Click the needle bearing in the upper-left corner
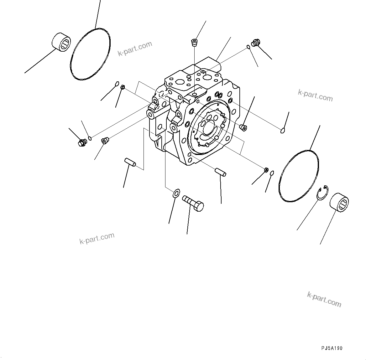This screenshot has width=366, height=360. [x=61, y=42]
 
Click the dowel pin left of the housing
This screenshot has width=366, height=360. [x=130, y=162]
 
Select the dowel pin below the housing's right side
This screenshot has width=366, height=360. [x=221, y=172]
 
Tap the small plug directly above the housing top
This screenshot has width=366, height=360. [x=195, y=42]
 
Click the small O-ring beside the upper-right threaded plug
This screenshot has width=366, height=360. [x=248, y=47]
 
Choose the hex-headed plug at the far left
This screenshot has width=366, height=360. [x=82, y=143]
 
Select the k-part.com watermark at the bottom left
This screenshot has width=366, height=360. [x=97, y=238]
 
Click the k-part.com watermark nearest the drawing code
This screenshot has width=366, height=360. [x=324, y=299]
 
